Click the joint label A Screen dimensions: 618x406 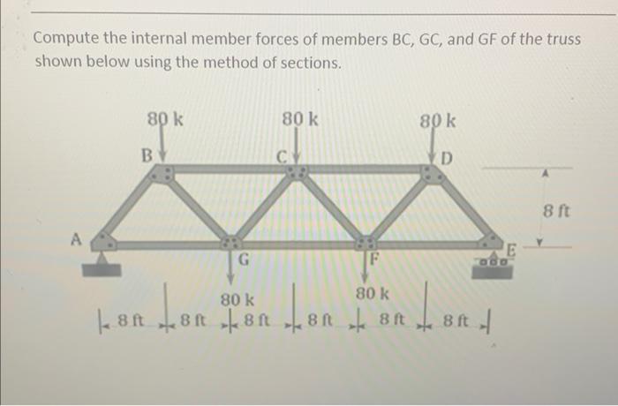[77, 237]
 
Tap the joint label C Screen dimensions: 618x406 [281, 157]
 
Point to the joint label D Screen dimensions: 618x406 [447, 159]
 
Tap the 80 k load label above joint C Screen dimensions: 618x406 [300, 119]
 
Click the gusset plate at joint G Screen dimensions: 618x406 [231, 243]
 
